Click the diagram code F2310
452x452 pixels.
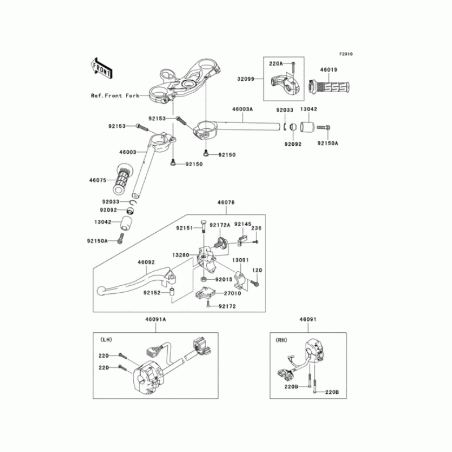[x=345, y=54]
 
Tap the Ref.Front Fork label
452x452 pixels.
[x=115, y=96]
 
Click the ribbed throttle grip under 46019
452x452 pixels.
[x=331, y=88]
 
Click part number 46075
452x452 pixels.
[x=98, y=181]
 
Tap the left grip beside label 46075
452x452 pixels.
[x=123, y=178]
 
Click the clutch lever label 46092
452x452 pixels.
[x=146, y=262]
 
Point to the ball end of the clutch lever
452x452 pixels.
[x=102, y=290]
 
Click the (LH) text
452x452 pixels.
[x=106, y=340]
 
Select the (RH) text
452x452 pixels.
[x=281, y=340]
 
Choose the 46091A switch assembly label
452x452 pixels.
[x=156, y=320]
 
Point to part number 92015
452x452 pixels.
[x=224, y=280]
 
